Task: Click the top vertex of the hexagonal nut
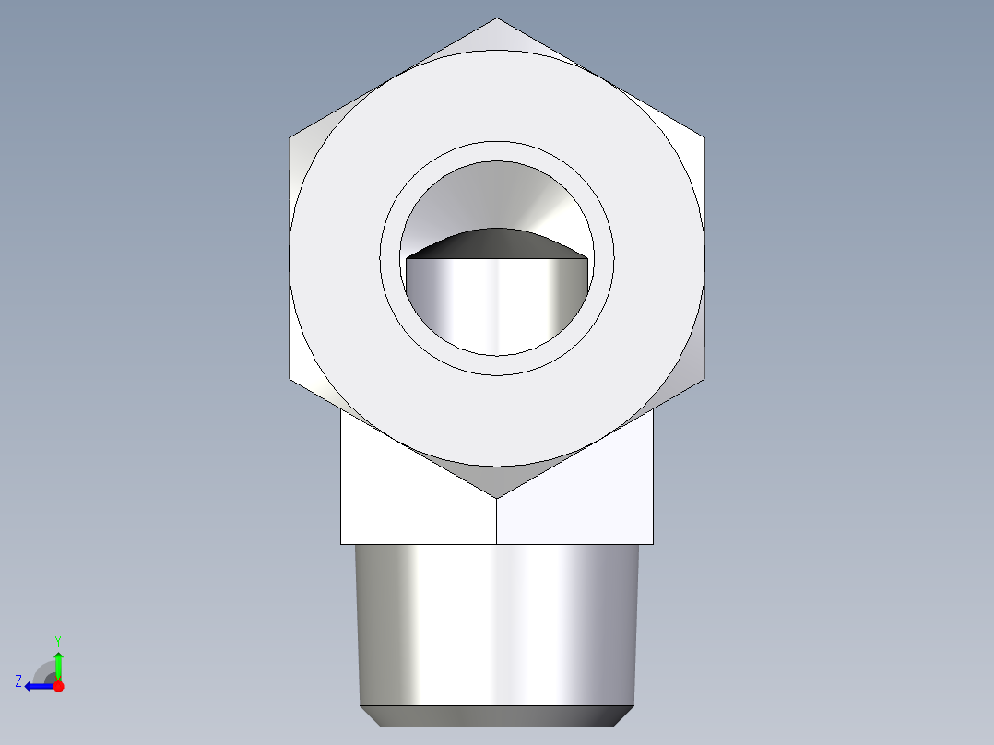coord(497,18)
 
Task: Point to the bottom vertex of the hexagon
coord(497,499)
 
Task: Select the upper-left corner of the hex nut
coord(290,138)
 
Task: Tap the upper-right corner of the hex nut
coord(705,138)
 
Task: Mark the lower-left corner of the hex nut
coord(290,379)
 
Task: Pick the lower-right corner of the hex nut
coord(705,379)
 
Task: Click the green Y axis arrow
coord(58,662)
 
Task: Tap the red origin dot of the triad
coord(58,686)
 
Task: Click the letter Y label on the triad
coord(58,640)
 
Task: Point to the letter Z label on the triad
coord(18,681)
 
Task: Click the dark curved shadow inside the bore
coord(497,242)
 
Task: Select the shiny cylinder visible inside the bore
coord(497,304)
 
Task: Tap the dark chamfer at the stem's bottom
coord(497,716)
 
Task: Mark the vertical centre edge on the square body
coord(497,522)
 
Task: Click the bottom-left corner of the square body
coord(341,543)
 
